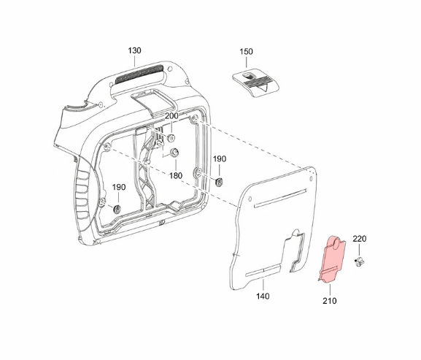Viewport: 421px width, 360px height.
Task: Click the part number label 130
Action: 134,50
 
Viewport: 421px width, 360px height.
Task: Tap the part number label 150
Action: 246,51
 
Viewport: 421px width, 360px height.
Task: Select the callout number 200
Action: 171,116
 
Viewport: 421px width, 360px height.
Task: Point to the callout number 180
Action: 176,176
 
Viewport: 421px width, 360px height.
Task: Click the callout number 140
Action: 263,296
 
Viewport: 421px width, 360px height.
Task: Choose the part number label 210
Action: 330,301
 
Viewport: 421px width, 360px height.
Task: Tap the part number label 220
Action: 360,239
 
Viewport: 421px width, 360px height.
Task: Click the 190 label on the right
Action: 220,158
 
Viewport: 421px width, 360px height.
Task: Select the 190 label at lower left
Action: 119,187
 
